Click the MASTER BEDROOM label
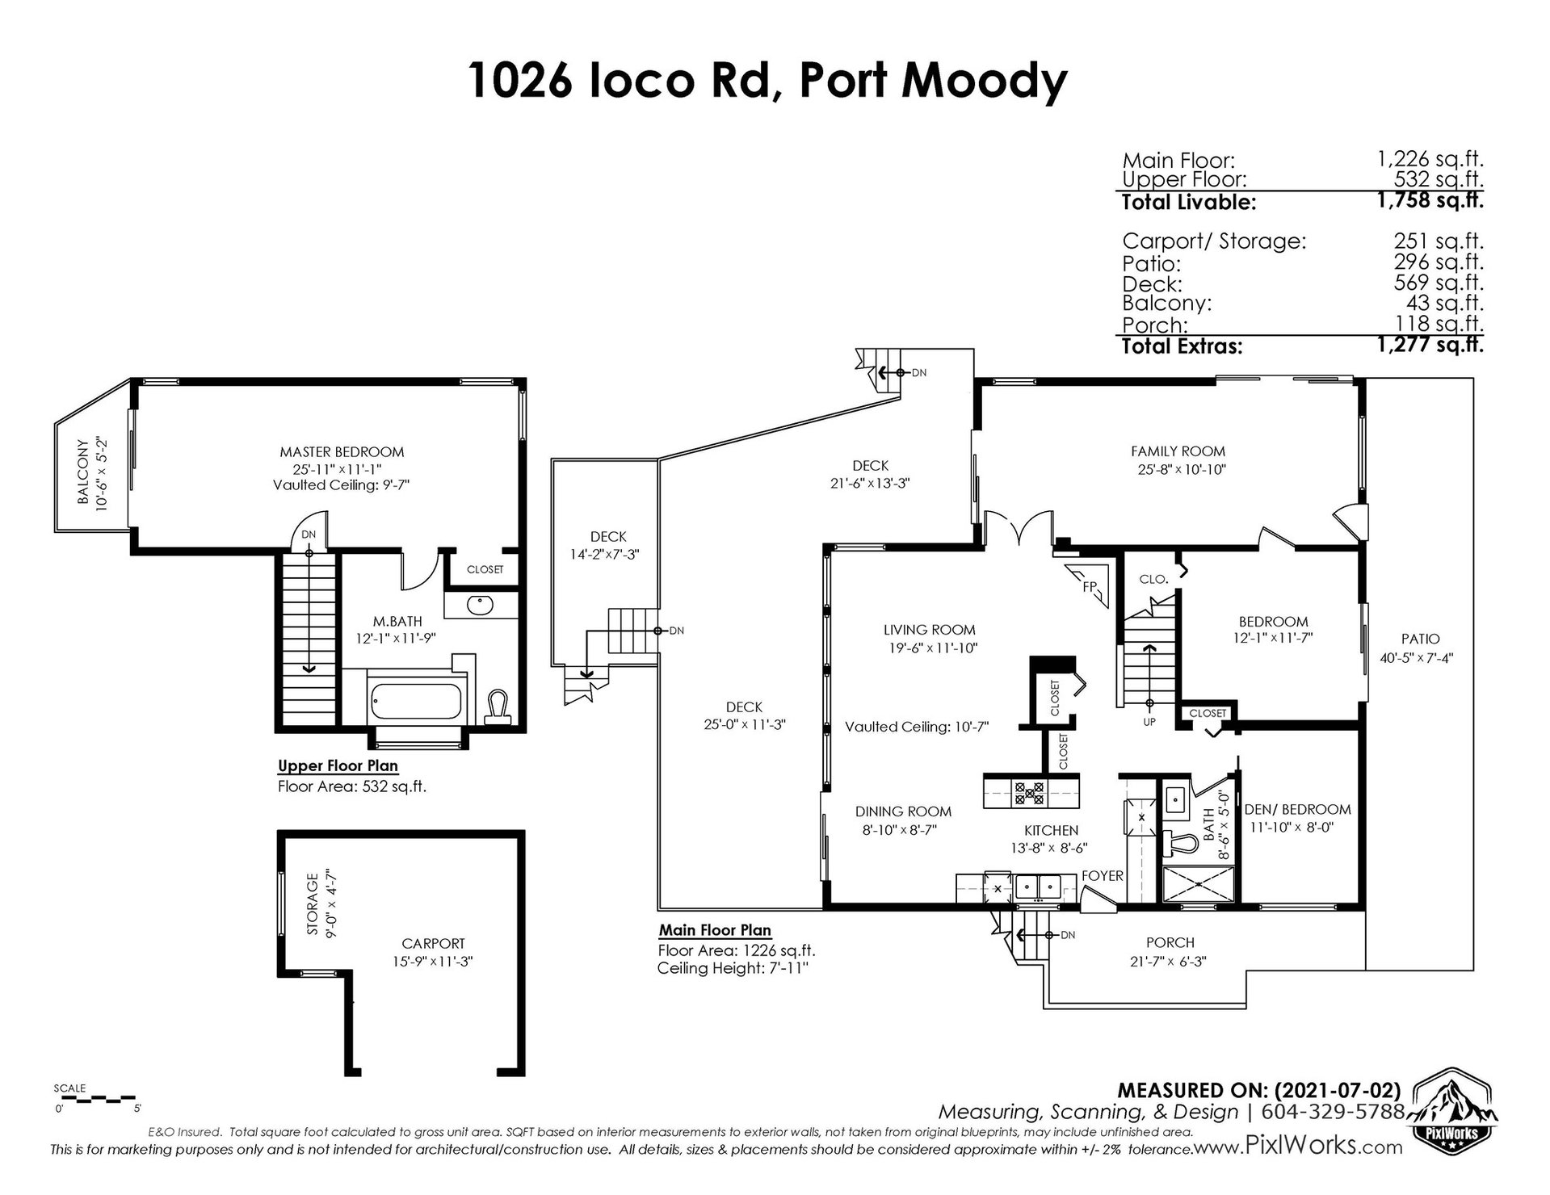[342, 452]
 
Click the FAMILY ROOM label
[1178, 451]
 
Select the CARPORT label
[434, 943]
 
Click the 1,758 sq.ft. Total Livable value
[1430, 201]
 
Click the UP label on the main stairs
[1149, 721]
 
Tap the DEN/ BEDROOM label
[1297, 809]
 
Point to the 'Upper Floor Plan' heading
[338, 766]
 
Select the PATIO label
[1421, 639]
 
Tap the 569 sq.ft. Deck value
[1439, 283]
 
